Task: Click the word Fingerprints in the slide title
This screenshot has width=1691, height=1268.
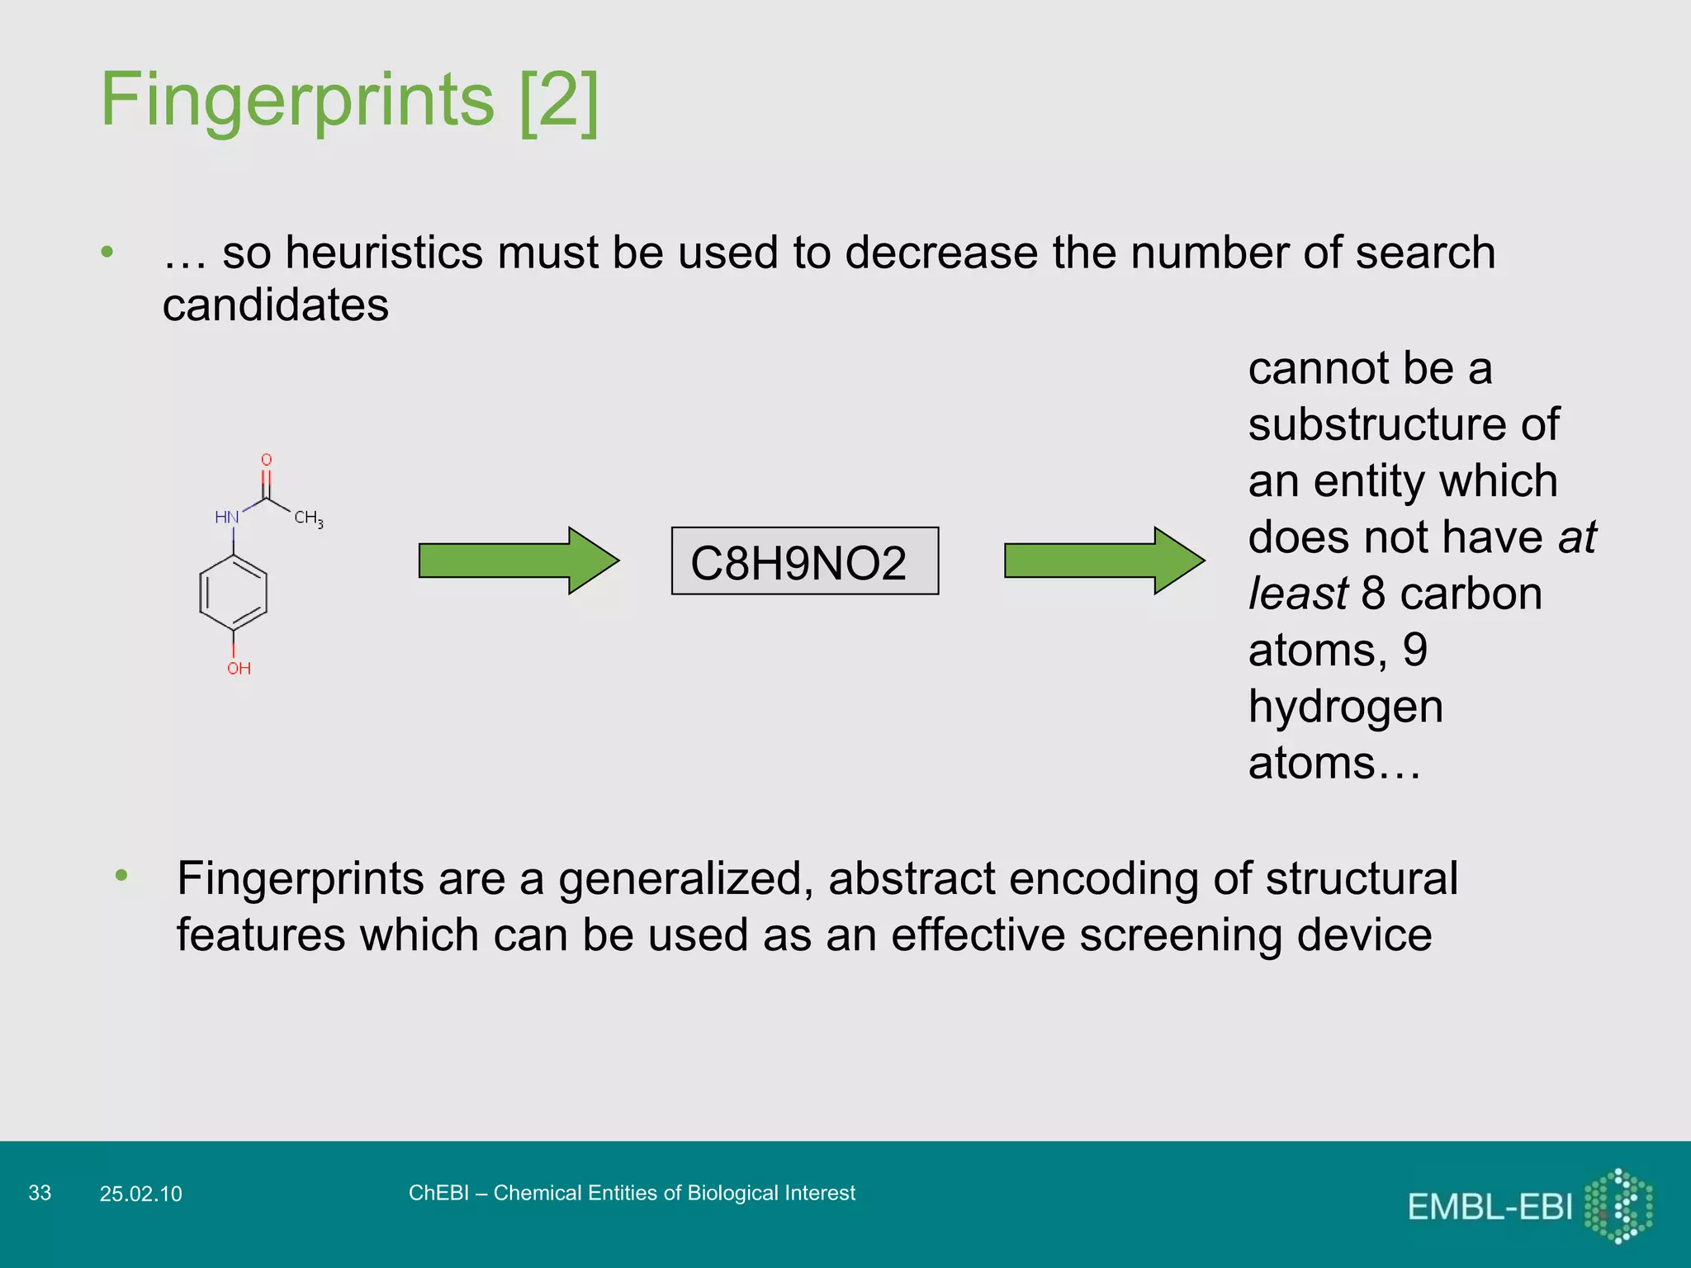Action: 297,100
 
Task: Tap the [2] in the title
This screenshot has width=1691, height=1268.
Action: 559,100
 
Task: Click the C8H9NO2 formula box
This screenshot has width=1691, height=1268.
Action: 804,561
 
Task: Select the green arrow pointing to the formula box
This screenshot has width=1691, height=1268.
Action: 518,561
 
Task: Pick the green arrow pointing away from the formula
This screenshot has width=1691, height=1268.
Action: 1103,561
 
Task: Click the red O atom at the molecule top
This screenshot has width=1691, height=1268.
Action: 267,460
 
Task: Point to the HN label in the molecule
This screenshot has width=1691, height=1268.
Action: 226,518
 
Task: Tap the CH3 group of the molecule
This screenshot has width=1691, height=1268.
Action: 308,518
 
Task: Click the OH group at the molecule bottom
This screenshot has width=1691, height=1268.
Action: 239,669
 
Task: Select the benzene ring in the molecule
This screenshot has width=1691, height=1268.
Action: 234,593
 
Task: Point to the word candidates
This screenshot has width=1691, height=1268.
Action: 275,305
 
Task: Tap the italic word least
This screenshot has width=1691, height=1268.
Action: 1297,594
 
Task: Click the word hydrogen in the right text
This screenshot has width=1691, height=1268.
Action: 1345,707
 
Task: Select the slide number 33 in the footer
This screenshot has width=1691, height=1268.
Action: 40,1193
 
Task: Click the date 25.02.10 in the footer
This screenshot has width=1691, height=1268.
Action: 140,1194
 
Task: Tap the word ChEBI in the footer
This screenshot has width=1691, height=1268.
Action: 438,1193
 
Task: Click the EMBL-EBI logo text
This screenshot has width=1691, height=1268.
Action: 1490,1208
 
